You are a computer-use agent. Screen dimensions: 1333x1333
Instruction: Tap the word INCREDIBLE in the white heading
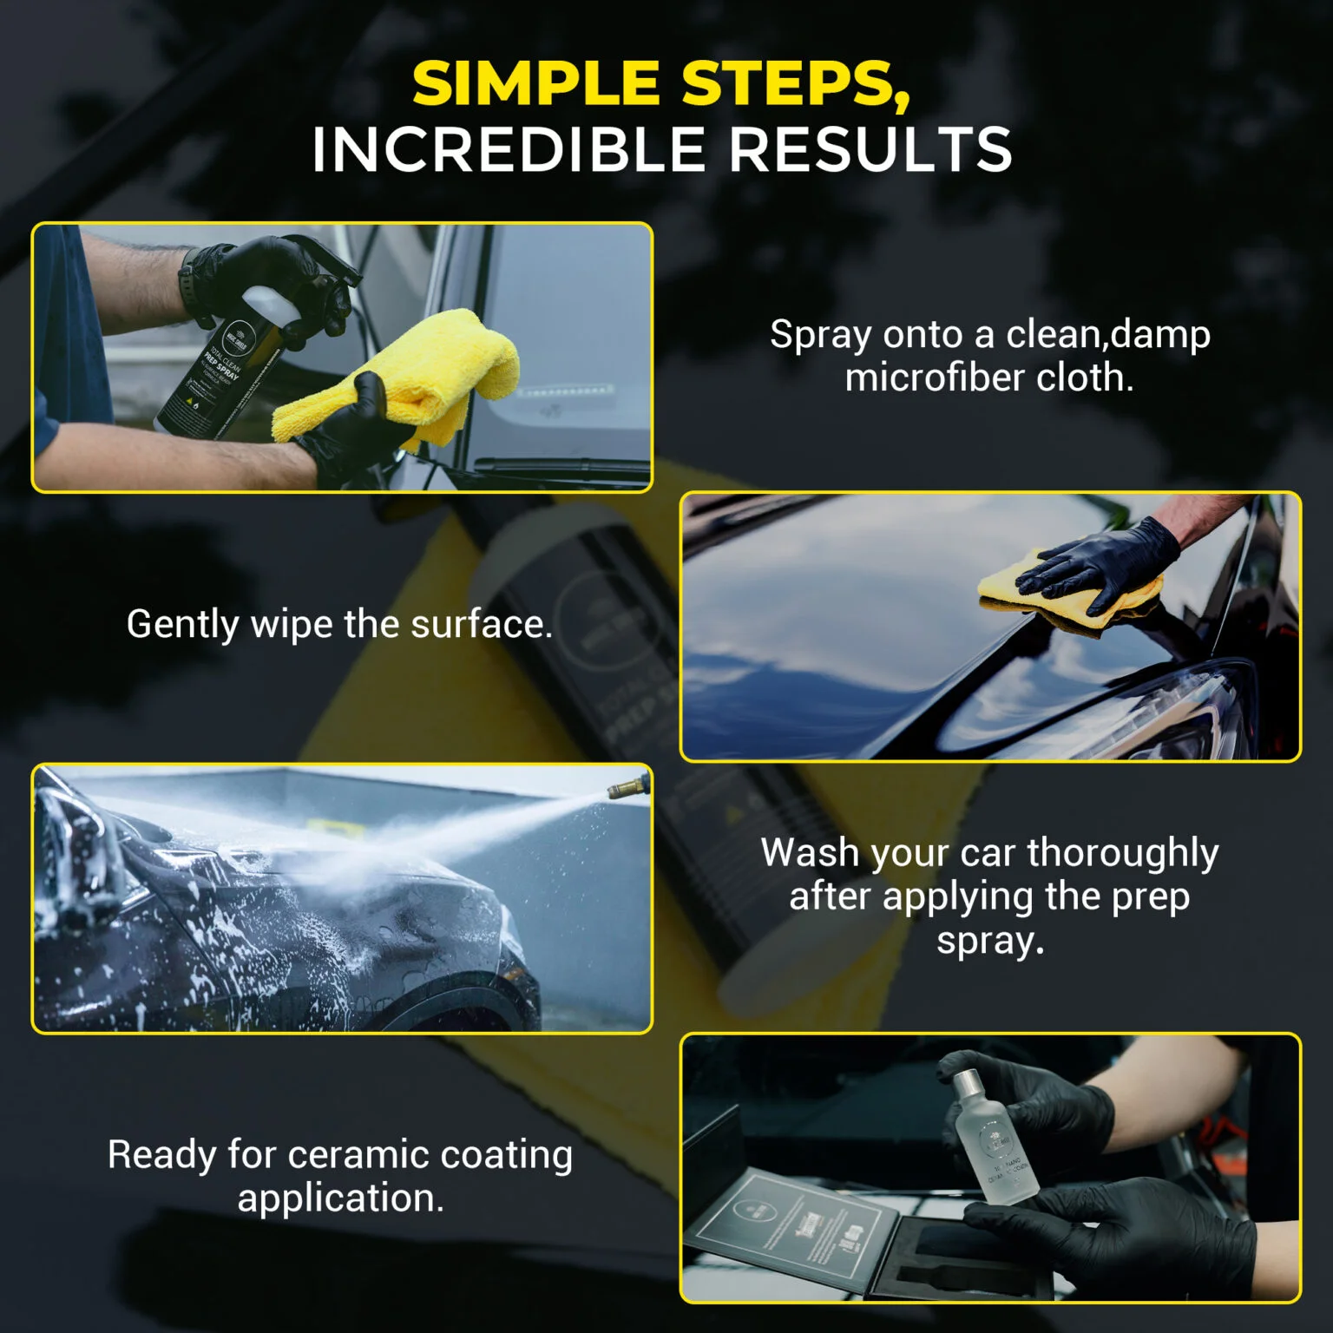pyautogui.click(x=507, y=149)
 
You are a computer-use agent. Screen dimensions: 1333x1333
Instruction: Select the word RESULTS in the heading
pyautogui.click(x=870, y=149)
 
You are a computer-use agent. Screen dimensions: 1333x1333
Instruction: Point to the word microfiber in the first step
pyautogui.click(x=932, y=378)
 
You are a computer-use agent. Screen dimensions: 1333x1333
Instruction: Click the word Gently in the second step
pyautogui.click(x=181, y=625)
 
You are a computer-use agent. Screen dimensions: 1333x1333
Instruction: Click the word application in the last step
pyautogui.click(x=339, y=1198)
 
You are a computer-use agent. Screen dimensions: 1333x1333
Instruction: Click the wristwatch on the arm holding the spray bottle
pyautogui.click(x=187, y=282)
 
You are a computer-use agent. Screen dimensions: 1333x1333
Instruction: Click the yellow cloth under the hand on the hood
pyautogui.click(x=1067, y=599)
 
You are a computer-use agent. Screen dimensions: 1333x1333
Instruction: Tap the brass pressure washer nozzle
pyautogui.click(x=627, y=786)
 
